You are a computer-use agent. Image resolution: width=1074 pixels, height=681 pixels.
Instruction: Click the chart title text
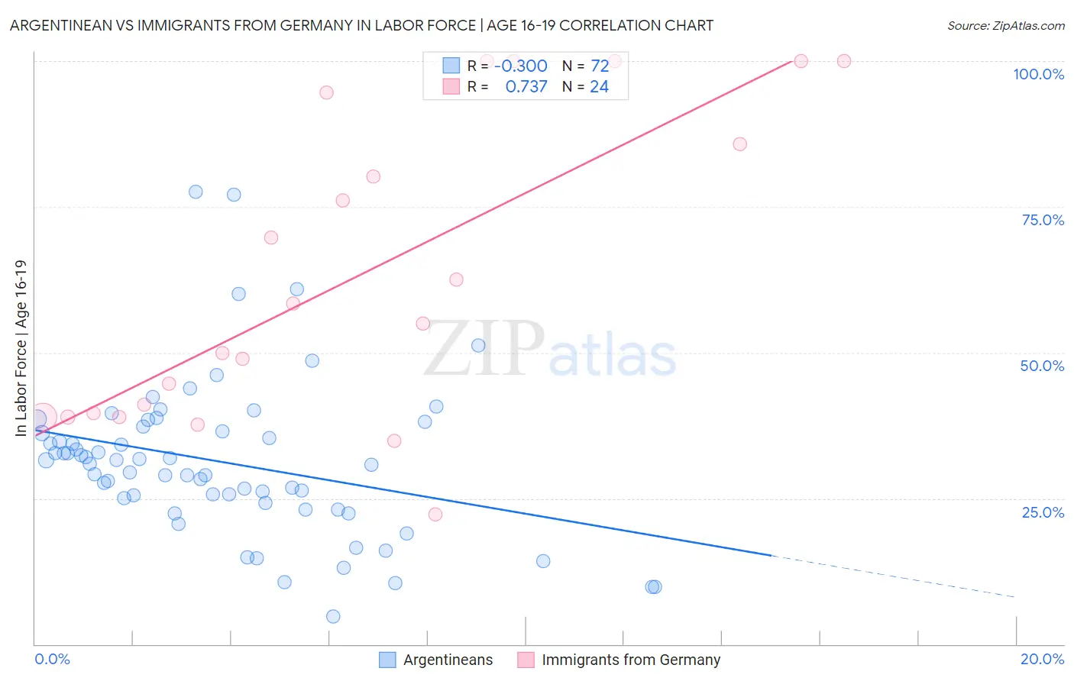pos(361,25)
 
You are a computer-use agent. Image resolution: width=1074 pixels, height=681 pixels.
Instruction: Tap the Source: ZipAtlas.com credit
pos(1005,25)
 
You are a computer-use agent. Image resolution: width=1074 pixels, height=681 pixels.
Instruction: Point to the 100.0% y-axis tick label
pos(1038,74)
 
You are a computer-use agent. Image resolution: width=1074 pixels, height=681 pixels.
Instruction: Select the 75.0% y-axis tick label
pos(1043,220)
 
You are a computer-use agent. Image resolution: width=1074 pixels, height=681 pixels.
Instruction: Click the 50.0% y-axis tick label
pos(1042,366)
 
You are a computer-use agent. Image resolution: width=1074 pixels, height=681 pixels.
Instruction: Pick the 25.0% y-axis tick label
pos(1043,512)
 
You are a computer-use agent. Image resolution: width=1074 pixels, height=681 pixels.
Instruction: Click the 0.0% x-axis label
pos(52,659)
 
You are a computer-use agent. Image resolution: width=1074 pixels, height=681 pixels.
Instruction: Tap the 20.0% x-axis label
pos(1042,659)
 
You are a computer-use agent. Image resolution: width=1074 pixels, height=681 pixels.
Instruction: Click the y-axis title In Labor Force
pos(21,348)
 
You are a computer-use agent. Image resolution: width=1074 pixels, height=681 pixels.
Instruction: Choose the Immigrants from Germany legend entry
pos(619,660)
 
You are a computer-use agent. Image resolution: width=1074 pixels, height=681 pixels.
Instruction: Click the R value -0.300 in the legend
pos(520,66)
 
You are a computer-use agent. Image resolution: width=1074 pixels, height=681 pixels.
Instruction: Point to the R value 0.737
pos(526,86)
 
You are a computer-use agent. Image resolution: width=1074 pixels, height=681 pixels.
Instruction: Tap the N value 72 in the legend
pos(600,66)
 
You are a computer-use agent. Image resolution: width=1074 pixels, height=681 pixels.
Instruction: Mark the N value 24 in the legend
pos(599,86)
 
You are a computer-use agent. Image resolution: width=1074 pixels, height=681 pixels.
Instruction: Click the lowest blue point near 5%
pos(333,616)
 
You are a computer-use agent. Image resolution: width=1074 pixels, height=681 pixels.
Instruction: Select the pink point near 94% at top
pos(326,92)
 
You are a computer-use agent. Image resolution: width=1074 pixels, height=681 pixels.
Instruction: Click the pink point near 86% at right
pos(739,144)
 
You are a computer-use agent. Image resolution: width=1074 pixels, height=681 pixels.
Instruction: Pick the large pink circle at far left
pos(41,418)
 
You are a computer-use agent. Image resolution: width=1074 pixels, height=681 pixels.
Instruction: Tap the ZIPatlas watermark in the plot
pos(550,350)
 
